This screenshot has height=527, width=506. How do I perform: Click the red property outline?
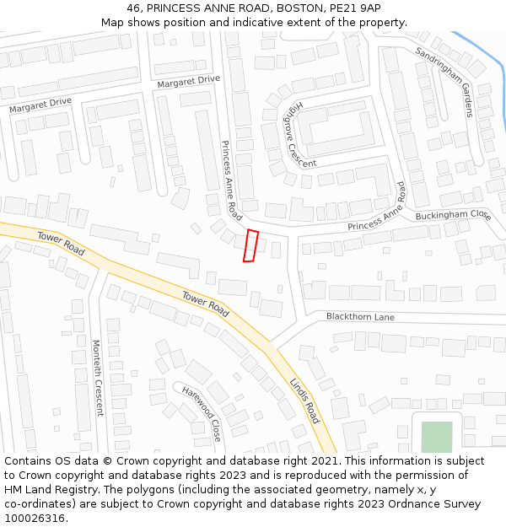click(250, 245)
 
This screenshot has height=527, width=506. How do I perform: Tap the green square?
click(436, 437)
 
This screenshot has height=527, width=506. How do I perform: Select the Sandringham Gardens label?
click(444, 81)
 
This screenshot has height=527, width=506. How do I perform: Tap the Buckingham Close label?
click(452, 216)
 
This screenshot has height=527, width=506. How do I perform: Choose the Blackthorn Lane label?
click(360, 317)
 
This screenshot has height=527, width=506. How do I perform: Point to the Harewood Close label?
click(204, 411)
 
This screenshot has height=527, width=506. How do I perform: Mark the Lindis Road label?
click(304, 401)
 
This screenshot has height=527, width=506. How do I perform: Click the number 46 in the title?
click(137, 8)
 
